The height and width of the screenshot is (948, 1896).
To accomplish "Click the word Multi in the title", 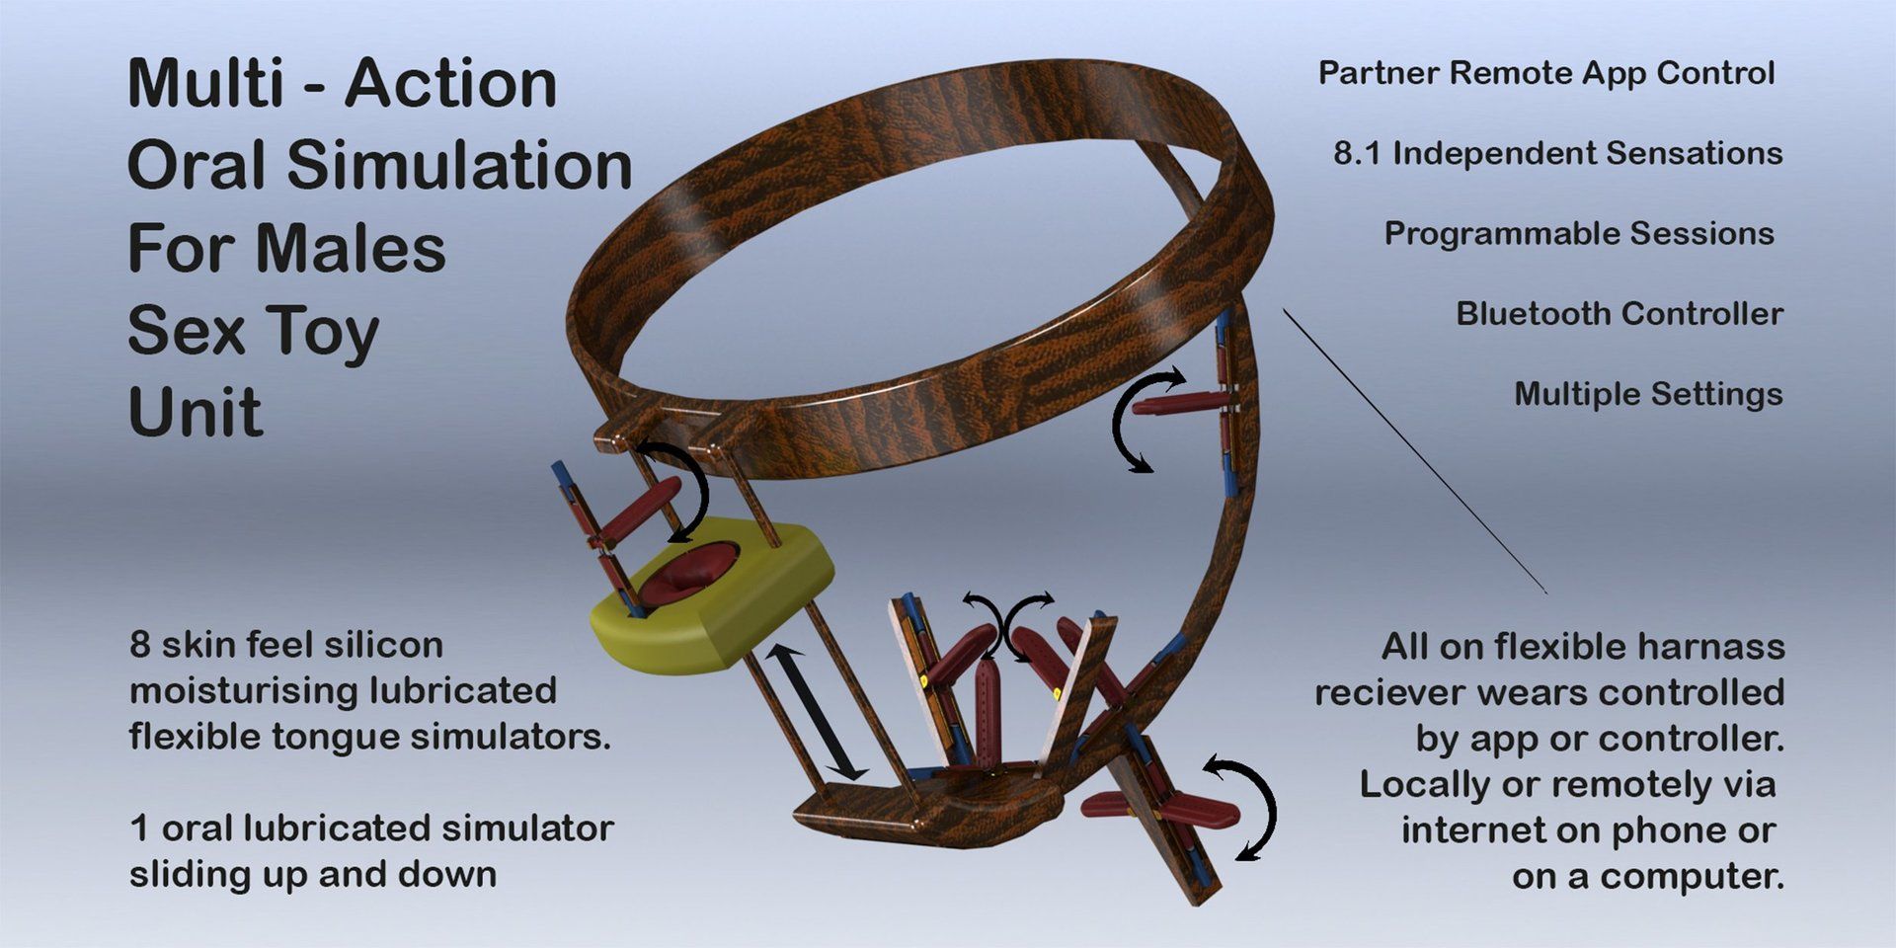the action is click(206, 83).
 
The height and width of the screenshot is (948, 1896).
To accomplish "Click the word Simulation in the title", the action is click(460, 165).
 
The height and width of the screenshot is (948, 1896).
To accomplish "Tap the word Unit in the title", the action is click(196, 412).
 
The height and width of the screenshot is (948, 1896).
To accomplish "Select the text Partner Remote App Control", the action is click(1546, 73).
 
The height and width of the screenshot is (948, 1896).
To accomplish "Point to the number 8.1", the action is click(1357, 153).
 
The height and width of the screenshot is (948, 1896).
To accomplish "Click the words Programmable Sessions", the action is click(1579, 234).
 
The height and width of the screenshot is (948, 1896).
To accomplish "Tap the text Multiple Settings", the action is click(1648, 395).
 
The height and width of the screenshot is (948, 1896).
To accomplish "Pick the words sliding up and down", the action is click(313, 875).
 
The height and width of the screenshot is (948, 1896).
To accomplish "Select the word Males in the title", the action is click(351, 248).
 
